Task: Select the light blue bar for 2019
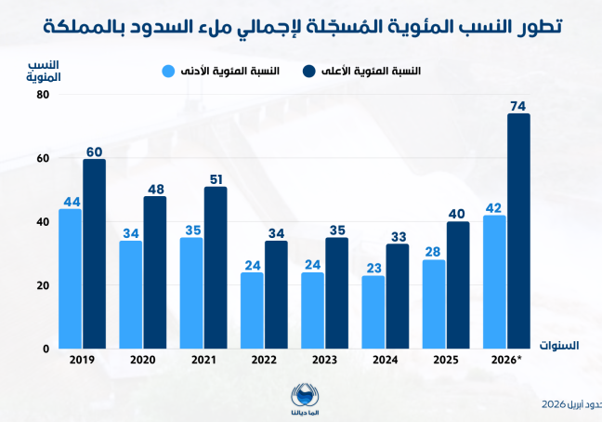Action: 70,279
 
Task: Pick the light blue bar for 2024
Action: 373,311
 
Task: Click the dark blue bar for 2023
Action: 336,293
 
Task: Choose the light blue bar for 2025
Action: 434,304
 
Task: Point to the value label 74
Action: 519,104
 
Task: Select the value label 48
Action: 155,187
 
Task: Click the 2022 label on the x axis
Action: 264,360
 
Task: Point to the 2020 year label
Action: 142,360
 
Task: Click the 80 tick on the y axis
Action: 42,95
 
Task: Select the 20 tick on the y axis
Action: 42,285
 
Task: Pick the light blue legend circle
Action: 168,71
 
